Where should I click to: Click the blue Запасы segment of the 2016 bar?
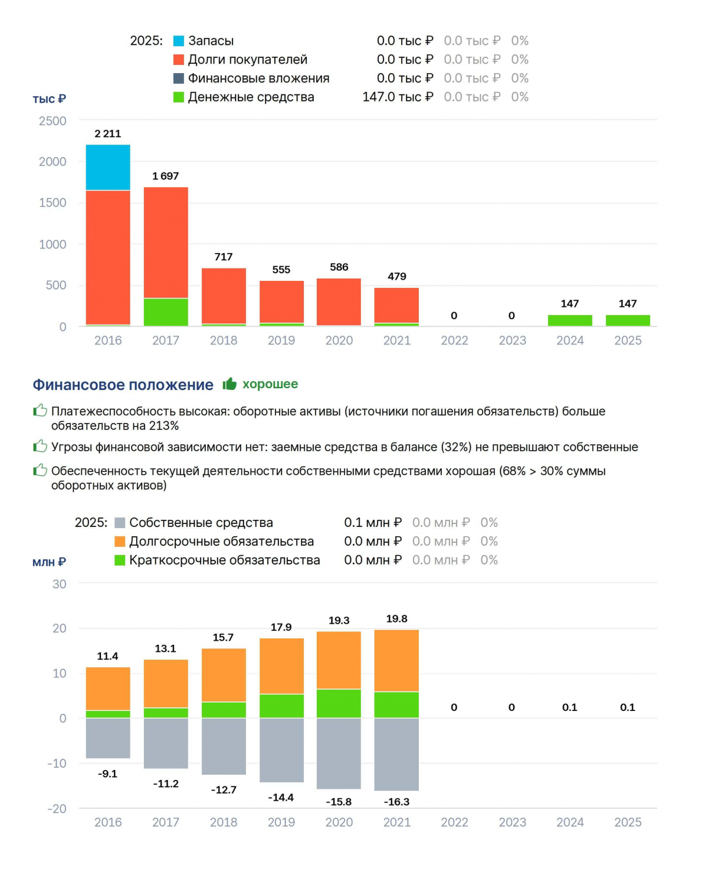pyautogui.click(x=108, y=167)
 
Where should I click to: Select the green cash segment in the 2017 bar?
pyautogui.click(x=166, y=312)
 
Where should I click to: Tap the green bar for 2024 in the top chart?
pyautogui.click(x=570, y=320)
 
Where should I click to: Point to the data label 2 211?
pyautogui.click(x=108, y=133)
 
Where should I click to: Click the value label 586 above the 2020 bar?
pyautogui.click(x=339, y=267)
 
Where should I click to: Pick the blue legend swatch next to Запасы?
pyautogui.click(x=179, y=41)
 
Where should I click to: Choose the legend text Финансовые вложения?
pyautogui.click(x=258, y=78)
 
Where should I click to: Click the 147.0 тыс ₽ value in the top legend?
pyautogui.click(x=398, y=97)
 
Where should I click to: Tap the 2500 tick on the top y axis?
pyautogui.click(x=53, y=121)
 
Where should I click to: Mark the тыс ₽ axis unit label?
pyautogui.click(x=50, y=99)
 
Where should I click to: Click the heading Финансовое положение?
pyautogui.click(x=123, y=384)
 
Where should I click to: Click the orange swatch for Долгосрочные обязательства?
pyautogui.click(x=120, y=541)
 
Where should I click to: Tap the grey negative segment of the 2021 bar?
pyautogui.click(x=396, y=754)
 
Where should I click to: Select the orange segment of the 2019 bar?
pyautogui.click(x=281, y=666)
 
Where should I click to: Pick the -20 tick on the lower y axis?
pyautogui.click(x=57, y=808)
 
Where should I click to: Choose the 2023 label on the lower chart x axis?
pyautogui.click(x=512, y=822)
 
